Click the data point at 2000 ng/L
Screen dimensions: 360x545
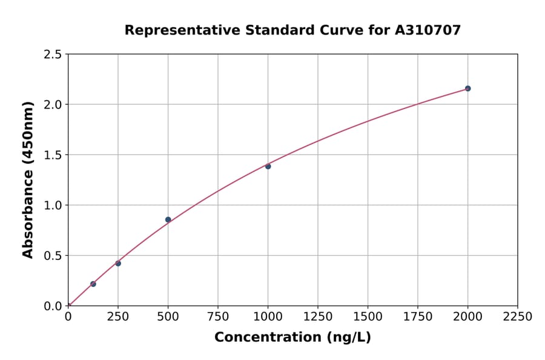click(467, 88)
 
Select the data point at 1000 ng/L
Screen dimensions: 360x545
click(268, 166)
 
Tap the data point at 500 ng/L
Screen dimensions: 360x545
click(168, 219)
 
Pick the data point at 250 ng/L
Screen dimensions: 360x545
click(118, 263)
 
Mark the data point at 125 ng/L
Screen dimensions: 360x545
click(93, 284)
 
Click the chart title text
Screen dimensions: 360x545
click(292, 30)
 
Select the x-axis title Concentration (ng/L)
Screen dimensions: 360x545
click(292, 338)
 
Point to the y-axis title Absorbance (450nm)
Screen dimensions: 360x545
click(28, 179)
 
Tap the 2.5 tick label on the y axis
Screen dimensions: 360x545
click(52, 55)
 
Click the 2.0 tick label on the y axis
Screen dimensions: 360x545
click(52, 105)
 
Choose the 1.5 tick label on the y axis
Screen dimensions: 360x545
click(52, 155)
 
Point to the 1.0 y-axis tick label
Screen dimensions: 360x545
click(52, 205)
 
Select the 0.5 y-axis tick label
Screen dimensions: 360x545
click(52, 256)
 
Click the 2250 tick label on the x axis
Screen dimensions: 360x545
click(517, 317)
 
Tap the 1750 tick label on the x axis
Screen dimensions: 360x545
click(417, 317)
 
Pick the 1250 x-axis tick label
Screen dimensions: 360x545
click(317, 317)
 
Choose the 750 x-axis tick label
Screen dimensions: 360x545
click(218, 317)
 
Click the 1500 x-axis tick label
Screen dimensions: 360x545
click(368, 317)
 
